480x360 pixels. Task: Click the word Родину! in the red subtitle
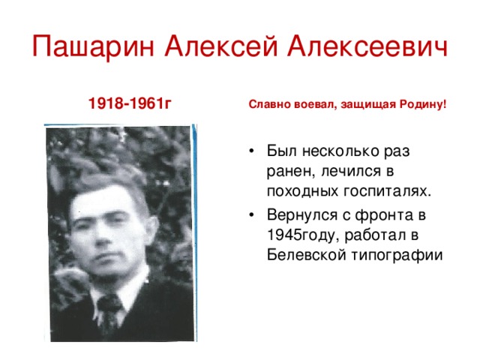click(x=424, y=106)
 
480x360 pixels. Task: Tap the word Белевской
click(x=304, y=255)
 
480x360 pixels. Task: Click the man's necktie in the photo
click(x=110, y=312)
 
